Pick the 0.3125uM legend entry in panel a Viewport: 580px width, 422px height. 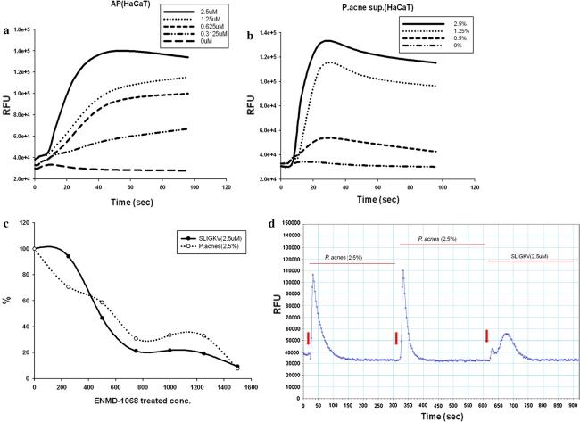click(213, 43)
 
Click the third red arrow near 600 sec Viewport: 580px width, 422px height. click(487, 335)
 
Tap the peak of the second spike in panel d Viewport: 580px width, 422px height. click(404, 270)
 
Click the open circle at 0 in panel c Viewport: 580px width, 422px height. click(35, 249)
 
